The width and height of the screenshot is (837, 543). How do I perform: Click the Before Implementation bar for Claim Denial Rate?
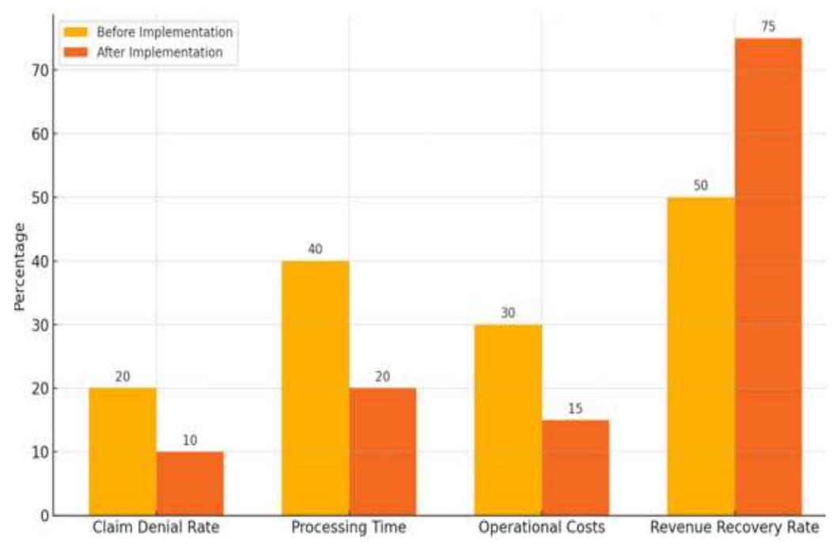point(123,452)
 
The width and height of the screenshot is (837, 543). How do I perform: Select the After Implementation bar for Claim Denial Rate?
point(190,484)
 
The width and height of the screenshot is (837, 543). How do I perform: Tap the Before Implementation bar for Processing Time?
point(316,389)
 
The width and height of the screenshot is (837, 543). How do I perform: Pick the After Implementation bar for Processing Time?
point(383,452)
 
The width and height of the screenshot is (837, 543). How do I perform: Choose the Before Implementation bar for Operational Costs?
point(508,420)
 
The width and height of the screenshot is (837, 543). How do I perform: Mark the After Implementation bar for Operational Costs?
point(575,468)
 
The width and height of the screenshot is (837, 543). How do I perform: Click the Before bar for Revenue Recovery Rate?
point(701,357)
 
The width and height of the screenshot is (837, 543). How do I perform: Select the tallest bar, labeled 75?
point(768,277)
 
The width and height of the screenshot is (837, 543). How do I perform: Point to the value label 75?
point(768,27)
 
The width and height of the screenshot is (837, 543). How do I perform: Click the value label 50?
point(701,186)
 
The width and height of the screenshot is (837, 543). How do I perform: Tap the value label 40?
point(316,249)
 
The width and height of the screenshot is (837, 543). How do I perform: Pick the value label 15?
point(575,408)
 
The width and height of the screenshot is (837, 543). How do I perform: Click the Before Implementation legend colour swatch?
point(77,32)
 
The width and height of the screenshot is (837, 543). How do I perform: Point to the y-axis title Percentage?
point(19,266)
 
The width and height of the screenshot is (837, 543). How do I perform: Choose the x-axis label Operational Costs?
point(541,528)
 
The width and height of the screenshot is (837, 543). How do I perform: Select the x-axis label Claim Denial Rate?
point(156,528)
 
